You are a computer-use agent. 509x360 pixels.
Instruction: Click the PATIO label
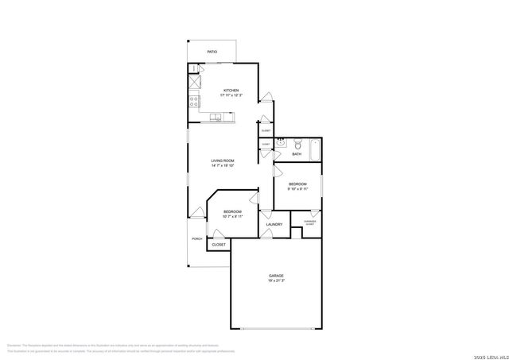(212, 52)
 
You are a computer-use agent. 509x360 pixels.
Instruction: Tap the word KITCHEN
(231, 90)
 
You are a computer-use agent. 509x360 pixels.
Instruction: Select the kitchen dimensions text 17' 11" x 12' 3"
(231, 95)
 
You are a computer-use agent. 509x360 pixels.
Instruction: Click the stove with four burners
(193, 100)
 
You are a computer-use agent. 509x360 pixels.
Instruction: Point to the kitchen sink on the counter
(216, 118)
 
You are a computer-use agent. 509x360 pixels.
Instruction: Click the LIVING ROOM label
(222, 161)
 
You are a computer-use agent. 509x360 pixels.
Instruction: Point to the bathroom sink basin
(280, 144)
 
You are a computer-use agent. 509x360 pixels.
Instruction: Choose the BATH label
(296, 154)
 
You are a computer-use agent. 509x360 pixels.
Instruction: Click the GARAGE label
(275, 275)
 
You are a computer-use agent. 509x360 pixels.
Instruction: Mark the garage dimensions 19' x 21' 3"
(275, 281)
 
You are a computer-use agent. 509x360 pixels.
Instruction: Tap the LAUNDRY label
(275, 225)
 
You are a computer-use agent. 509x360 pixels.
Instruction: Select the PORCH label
(196, 238)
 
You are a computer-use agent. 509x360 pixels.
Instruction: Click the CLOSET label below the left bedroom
(218, 245)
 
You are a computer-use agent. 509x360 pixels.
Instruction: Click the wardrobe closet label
(309, 223)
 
